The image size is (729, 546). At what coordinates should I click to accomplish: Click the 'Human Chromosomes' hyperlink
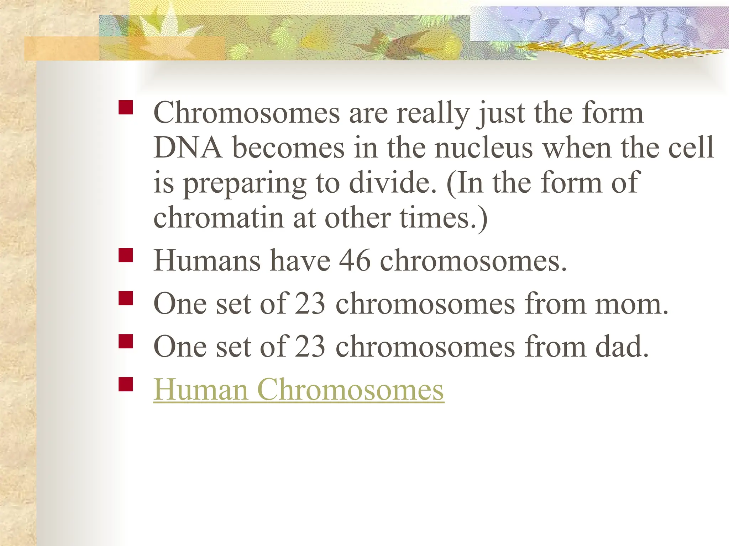299,390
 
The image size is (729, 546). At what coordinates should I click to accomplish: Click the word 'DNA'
188,148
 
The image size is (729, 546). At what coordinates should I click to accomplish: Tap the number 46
355,261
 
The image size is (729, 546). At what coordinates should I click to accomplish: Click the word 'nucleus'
484,148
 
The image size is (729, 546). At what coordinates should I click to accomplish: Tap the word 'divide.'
393,183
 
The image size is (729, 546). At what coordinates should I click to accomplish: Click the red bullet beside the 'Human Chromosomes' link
126,384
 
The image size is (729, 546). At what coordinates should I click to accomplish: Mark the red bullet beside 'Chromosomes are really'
126,107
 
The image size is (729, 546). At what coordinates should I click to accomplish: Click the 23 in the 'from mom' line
310,304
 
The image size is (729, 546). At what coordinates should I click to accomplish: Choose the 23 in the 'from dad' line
310,347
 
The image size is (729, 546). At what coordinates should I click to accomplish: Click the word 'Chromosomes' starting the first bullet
247,113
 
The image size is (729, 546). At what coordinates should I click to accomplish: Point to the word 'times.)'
444,218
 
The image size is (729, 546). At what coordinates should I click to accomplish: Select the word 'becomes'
288,148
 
